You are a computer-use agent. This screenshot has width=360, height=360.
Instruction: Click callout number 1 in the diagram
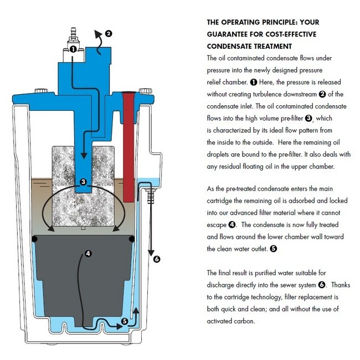pyautogui.click(x=73, y=49)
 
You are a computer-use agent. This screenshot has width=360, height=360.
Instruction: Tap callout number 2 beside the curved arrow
pyautogui.click(x=109, y=33)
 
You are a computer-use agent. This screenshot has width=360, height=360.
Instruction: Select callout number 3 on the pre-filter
pyautogui.click(x=83, y=181)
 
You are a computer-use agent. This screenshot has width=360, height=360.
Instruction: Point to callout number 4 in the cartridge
pyautogui.click(x=88, y=254)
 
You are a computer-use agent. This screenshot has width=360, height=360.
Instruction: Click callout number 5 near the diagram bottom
pyautogui.click(x=124, y=320)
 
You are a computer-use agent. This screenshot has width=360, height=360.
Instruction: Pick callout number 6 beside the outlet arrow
pyautogui.click(x=157, y=259)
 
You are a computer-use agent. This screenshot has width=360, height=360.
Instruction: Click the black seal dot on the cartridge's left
pyautogui.click(x=34, y=239)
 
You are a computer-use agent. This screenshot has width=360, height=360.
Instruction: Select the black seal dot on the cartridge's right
pyautogui.click(x=132, y=239)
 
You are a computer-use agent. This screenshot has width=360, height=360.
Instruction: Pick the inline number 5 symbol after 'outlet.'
pyautogui.click(x=273, y=249)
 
